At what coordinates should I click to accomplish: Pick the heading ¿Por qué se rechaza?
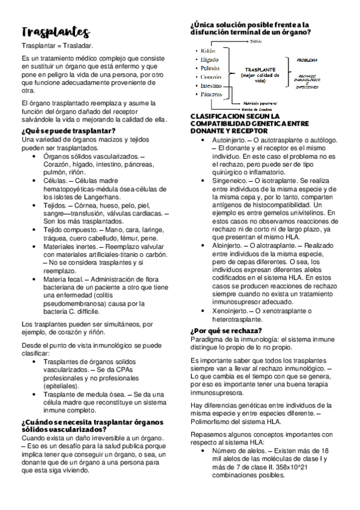tap(225, 331)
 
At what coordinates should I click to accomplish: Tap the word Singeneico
tap(229, 180)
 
